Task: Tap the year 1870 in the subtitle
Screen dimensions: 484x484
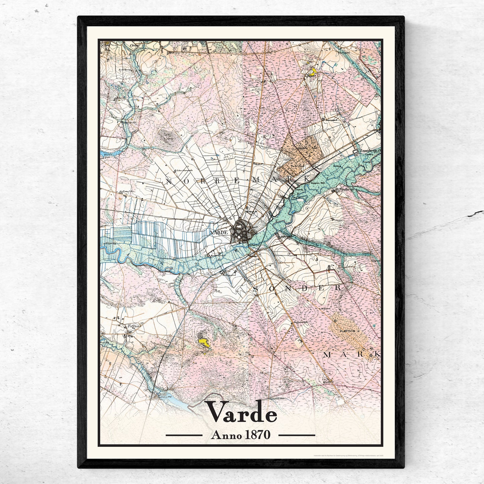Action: coord(257,435)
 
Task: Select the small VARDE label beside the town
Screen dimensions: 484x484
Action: coord(219,232)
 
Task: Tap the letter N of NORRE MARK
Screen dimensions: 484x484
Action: coord(168,181)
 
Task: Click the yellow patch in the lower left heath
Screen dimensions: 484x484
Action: coord(203,341)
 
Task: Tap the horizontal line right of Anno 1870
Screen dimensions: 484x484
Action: coord(297,435)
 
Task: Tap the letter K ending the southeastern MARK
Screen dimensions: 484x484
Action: coord(377,354)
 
